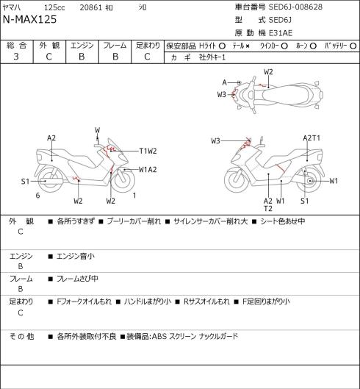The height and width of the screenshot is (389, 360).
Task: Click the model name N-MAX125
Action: [x=29, y=20]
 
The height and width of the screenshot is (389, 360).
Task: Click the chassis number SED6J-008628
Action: [x=295, y=7]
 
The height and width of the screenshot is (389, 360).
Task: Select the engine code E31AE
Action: [x=281, y=33]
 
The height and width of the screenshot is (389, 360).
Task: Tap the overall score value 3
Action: [x=16, y=57]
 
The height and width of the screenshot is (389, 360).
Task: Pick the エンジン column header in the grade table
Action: [x=82, y=46]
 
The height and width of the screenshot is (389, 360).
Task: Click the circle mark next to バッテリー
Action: [x=353, y=46]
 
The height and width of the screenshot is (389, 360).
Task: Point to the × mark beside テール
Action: [x=247, y=46]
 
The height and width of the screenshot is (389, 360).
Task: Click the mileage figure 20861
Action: [x=91, y=7]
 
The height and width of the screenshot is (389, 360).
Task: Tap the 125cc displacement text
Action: [x=54, y=7]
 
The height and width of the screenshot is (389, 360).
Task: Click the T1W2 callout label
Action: [x=148, y=151]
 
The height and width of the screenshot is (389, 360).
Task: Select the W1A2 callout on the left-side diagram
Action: [x=148, y=170]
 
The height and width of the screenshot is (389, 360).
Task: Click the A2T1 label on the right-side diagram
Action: [x=312, y=138]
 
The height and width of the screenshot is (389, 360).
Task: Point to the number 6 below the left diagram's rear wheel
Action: [x=37, y=196]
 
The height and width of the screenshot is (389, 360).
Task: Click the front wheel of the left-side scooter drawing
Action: [x=124, y=180]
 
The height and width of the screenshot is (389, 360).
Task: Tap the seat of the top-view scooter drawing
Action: [x=287, y=95]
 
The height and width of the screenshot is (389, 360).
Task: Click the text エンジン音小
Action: [x=76, y=257]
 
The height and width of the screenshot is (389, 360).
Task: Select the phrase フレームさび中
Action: [x=77, y=279]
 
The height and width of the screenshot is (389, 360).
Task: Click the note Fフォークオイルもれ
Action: [x=84, y=301]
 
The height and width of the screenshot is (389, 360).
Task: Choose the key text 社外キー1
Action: [x=212, y=57]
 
